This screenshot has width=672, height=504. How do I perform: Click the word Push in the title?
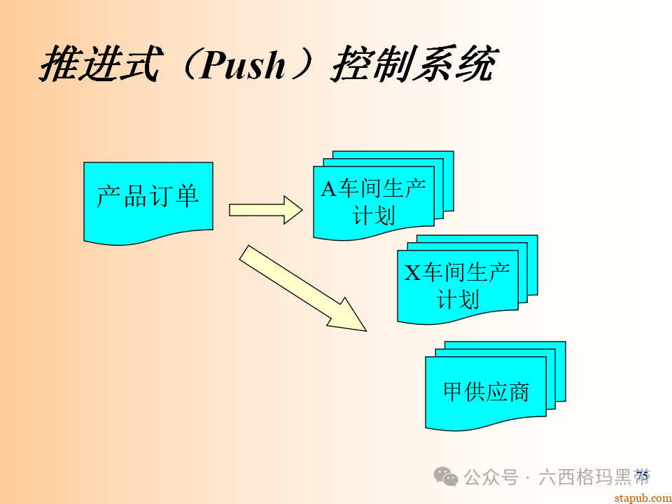coord(243,65)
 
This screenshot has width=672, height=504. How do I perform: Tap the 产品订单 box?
coord(148,199)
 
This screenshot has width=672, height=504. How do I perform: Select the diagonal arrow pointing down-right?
coord(302,288)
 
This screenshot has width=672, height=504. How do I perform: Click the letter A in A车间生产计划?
coord(328,189)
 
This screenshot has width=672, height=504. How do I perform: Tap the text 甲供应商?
coord(486,392)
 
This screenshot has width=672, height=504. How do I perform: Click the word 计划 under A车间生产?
coord(374,215)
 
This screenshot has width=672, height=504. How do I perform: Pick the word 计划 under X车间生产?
coord(458,299)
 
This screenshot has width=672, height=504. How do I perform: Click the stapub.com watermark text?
coord(641,498)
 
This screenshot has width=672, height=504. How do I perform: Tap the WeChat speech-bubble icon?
coord(446,477)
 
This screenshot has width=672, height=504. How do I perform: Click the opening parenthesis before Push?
coord(181,65)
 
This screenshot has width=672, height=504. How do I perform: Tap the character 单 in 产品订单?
coord(186,196)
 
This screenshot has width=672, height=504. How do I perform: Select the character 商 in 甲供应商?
coord(518,392)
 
